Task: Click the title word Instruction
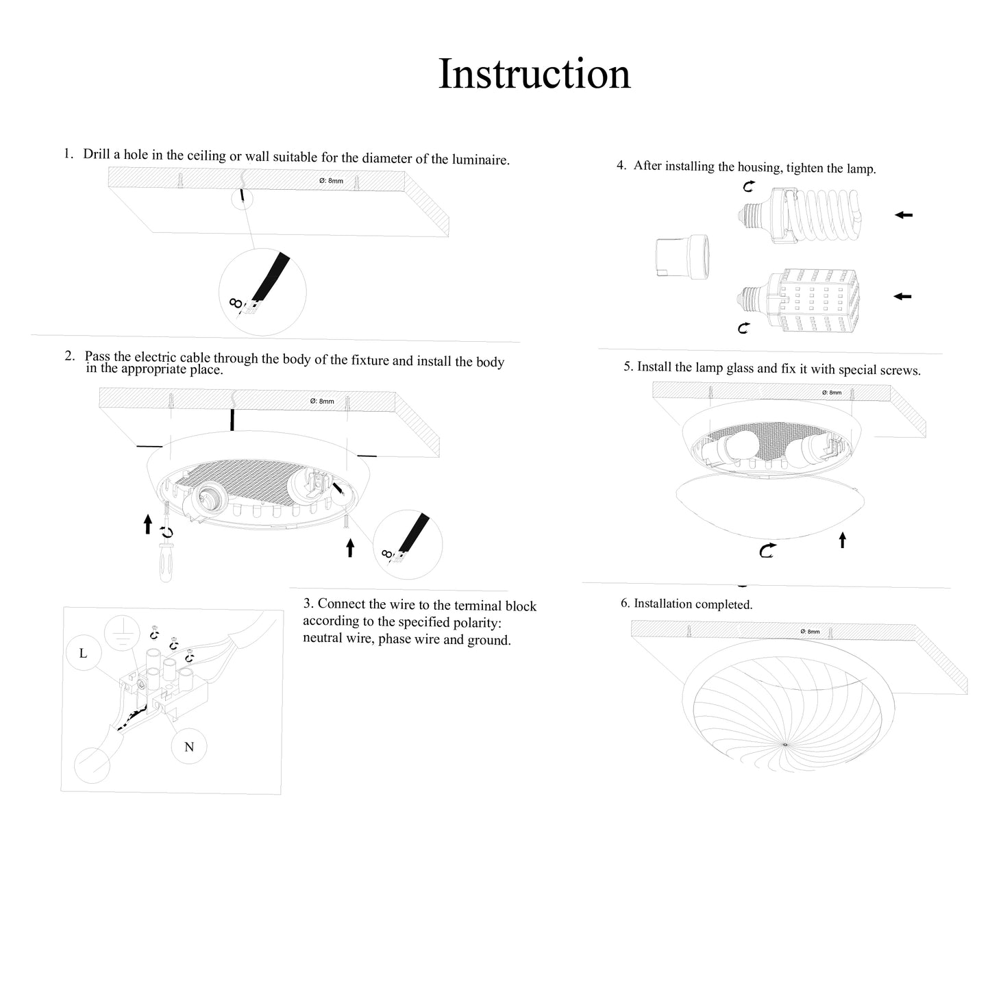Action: [x=534, y=73]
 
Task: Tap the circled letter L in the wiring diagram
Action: [x=83, y=653]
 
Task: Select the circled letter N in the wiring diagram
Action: [x=189, y=747]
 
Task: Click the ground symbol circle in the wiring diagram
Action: [x=121, y=634]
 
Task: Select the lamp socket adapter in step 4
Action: [x=682, y=258]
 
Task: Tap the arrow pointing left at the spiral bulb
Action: [x=904, y=215]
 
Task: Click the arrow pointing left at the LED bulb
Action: [x=903, y=296]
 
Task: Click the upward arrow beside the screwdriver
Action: [x=148, y=525]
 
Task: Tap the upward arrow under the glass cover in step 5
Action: [x=843, y=540]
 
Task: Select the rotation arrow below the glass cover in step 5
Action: [x=768, y=549]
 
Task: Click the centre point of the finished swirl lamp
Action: [x=784, y=745]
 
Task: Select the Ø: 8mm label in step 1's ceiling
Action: [x=331, y=181]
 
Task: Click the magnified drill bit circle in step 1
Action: [x=262, y=293]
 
